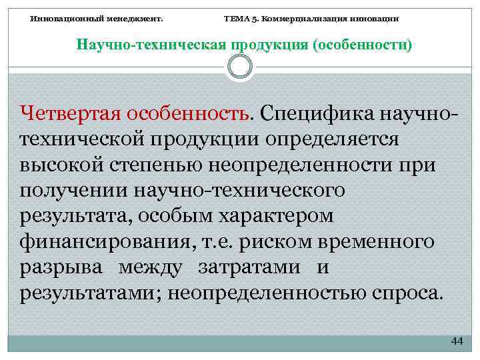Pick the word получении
[72, 192]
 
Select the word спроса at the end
[405, 294]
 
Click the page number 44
[456, 341]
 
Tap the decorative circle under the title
[240, 67]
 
